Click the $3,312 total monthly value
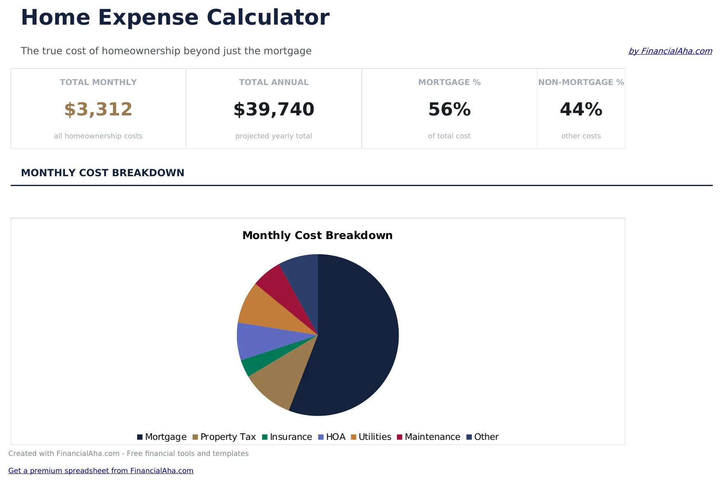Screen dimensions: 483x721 click(98, 109)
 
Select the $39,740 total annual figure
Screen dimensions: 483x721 click(274, 109)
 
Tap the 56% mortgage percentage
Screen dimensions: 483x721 click(449, 109)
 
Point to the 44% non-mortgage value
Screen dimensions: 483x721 click(581, 109)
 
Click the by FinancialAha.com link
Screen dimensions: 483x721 click(670, 51)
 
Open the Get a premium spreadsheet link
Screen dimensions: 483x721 click(101, 471)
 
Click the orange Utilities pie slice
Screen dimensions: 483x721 click(263, 310)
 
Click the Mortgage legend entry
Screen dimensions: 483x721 click(162, 437)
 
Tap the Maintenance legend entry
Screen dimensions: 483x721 click(429, 437)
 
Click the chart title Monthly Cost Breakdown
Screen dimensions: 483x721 click(317, 235)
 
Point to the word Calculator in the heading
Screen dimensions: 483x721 click(268, 18)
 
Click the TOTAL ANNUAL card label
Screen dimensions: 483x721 click(274, 82)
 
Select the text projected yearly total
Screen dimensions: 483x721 click(274, 136)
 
